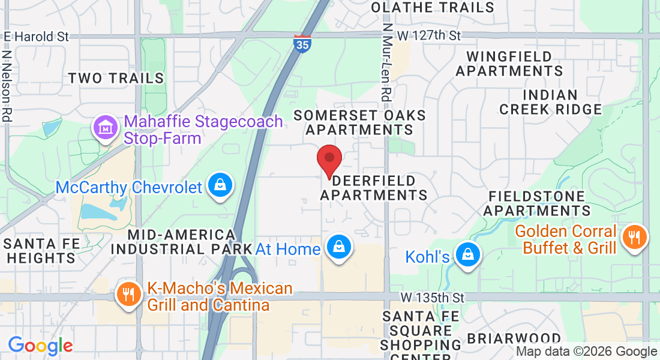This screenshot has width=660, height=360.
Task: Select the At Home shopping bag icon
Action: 338,247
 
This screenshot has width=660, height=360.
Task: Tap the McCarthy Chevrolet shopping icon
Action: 220,186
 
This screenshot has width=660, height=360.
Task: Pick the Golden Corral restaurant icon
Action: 634,238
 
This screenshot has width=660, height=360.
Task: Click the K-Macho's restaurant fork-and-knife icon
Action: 127,295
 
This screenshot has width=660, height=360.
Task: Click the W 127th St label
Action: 429,35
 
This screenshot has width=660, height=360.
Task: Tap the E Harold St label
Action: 37,36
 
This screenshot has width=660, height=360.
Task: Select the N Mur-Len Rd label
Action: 386,61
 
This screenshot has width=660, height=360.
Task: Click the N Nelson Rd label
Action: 7,85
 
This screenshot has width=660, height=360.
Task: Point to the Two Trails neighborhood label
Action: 116,78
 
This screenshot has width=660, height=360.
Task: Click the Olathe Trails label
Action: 433,7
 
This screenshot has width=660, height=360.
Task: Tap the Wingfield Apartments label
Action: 509,64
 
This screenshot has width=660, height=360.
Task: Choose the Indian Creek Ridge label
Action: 550,102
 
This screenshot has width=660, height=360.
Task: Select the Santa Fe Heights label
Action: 39,251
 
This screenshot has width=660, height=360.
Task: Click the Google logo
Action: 40,346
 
